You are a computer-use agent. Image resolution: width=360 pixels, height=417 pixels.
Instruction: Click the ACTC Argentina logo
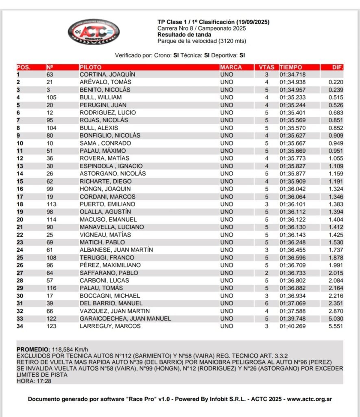[x=94, y=31]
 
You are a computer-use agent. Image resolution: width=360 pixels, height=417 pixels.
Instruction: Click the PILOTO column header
[x=91, y=67]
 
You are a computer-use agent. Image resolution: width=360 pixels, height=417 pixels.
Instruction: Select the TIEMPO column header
[x=291, y=67]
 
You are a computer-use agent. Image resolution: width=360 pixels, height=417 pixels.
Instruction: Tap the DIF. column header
[x=338, y=67]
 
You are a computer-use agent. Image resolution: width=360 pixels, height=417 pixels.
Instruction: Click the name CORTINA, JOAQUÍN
[x=107, y=75]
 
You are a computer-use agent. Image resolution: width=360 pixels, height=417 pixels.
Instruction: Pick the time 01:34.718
[x=292, y=75]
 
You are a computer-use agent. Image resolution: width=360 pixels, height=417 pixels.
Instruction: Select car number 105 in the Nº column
[x=51, y=97]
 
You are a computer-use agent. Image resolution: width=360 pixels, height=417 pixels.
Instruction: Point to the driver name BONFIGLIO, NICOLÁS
[x=110, y=136]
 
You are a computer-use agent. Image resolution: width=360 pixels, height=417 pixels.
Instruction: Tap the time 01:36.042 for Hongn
[x=292, y=189]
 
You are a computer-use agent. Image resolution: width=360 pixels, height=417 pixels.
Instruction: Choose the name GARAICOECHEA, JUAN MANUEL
[x=125, y=318]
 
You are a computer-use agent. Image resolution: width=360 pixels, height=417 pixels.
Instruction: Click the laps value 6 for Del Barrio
[x=267, y=303]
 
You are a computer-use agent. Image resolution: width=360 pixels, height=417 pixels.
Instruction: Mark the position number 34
[x=20, y=326]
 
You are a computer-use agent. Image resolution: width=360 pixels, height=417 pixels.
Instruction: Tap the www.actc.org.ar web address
[x=310, y=399]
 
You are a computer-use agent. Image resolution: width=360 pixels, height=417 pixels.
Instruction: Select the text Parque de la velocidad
[x=187, y=41]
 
